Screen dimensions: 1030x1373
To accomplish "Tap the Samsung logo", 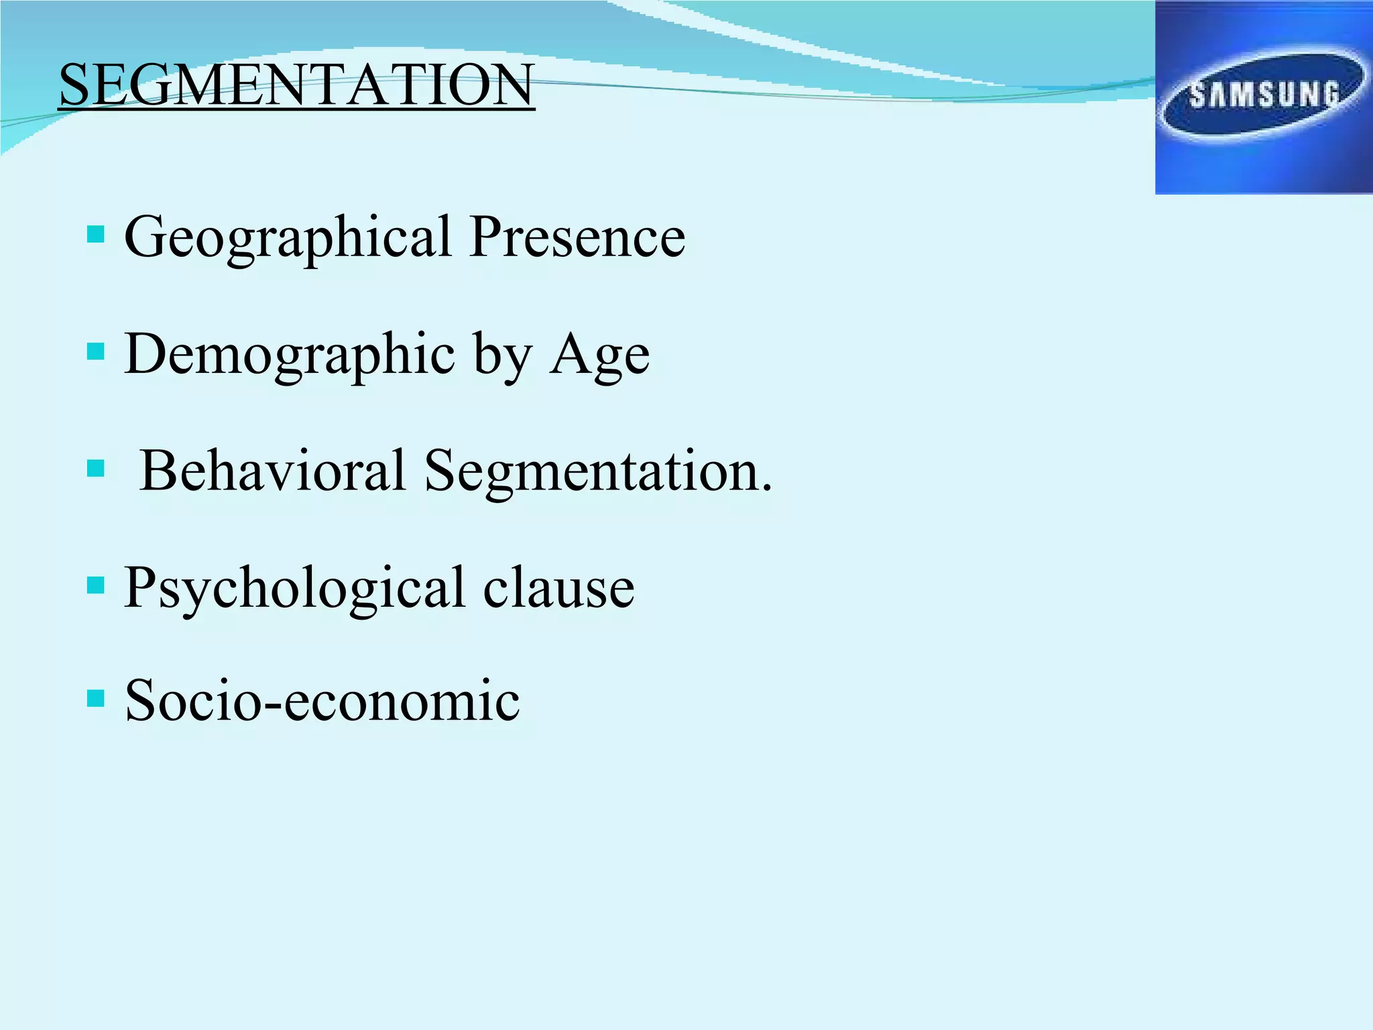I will point(1263,97).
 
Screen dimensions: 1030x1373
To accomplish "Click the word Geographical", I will point(288,238).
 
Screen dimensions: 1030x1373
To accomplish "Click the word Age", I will point(599,355).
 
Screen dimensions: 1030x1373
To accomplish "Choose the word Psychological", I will point(295,589).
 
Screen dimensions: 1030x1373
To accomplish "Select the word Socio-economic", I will point(322,701).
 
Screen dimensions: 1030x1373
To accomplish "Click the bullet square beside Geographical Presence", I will point(96,234).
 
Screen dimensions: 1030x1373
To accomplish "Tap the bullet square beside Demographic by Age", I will point(96,351).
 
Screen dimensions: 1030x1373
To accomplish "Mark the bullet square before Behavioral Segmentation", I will point(96,467).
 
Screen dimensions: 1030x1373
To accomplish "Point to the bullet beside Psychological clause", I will point(96,585).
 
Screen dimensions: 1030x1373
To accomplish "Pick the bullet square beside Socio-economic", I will point(96,699).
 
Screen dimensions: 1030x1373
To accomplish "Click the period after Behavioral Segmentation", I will point(766,488).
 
